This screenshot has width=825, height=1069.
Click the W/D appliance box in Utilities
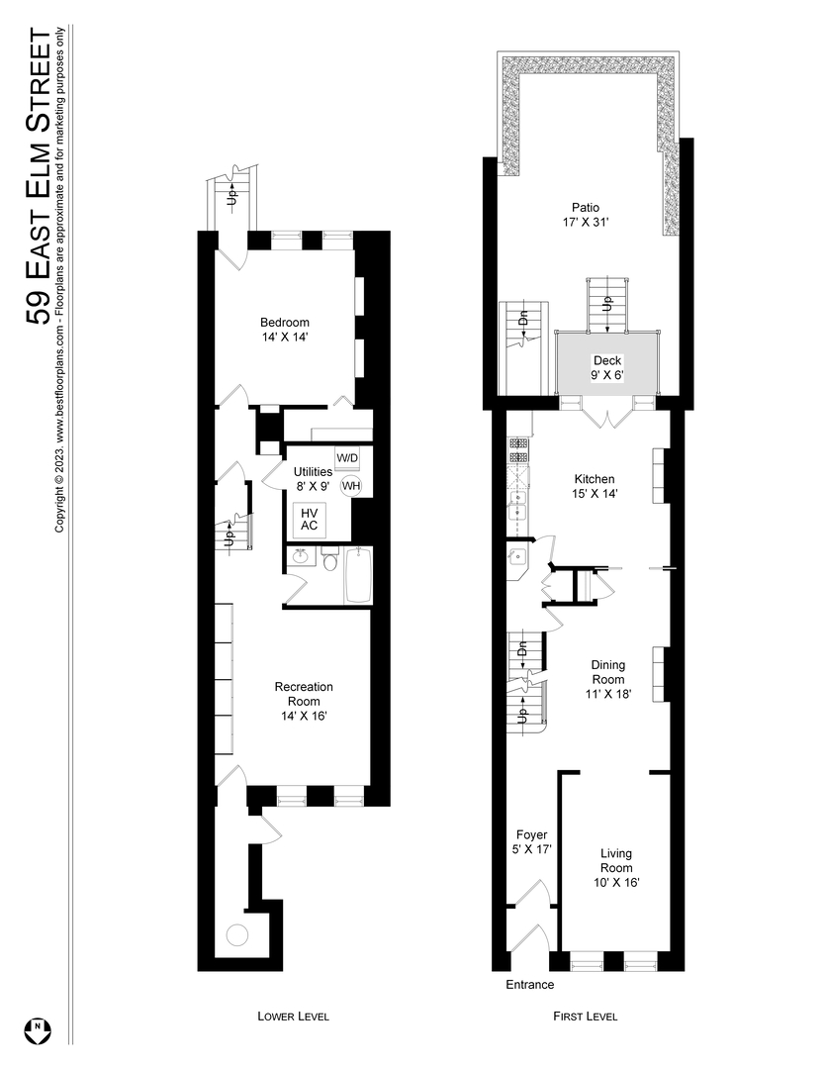pyautogui.click(x=347, y=458)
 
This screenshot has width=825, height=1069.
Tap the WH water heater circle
pyautogui.click(x=351, y=486)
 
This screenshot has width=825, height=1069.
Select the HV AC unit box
pyautogui.click(x=309, y=518)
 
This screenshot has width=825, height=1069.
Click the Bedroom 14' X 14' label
pyautogui.click(x=285, y=330)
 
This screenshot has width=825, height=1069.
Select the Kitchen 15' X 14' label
pyautogui.click(x=595, y=486)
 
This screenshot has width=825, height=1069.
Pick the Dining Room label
pyautogui.click(x=608, y=680)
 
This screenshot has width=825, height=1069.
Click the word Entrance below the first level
pyautogui.click(x=530, y=985)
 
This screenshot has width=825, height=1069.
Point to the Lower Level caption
pyautogui.click(x=293, y=1017)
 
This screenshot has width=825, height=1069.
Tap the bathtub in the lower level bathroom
pyautogui.click(x=357, y=575)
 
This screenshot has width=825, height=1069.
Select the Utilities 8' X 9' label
pyautogui.click(x=313, y=479)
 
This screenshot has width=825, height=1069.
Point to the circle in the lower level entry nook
pyautogui.click(x=237, y=934)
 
